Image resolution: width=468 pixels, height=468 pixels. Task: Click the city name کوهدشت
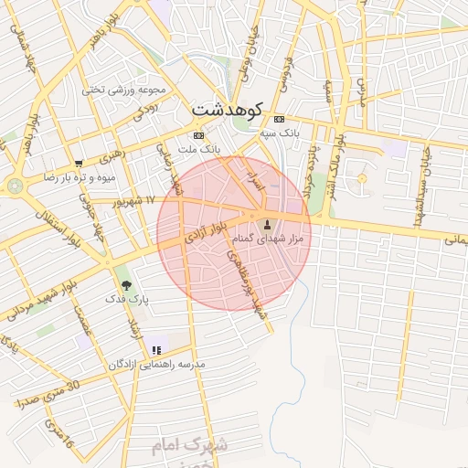tap(228, 109)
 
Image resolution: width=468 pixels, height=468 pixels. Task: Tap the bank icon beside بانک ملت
tap(199, 135)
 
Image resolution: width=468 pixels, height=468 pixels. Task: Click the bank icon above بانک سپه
tap(279, 119)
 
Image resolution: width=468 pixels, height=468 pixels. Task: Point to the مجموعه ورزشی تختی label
tap(123, 90)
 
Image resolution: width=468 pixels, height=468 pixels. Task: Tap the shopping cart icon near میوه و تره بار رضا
tap(78, 165)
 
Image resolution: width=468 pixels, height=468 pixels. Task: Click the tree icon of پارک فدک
tap(126, 285)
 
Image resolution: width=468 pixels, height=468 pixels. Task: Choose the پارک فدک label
tap(126, 299)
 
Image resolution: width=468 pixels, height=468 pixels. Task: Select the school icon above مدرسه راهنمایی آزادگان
tap(157, 349)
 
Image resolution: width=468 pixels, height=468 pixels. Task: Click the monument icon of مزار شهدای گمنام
tap(268, 225)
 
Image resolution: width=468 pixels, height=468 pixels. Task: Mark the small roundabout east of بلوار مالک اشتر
tap(362, 176)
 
